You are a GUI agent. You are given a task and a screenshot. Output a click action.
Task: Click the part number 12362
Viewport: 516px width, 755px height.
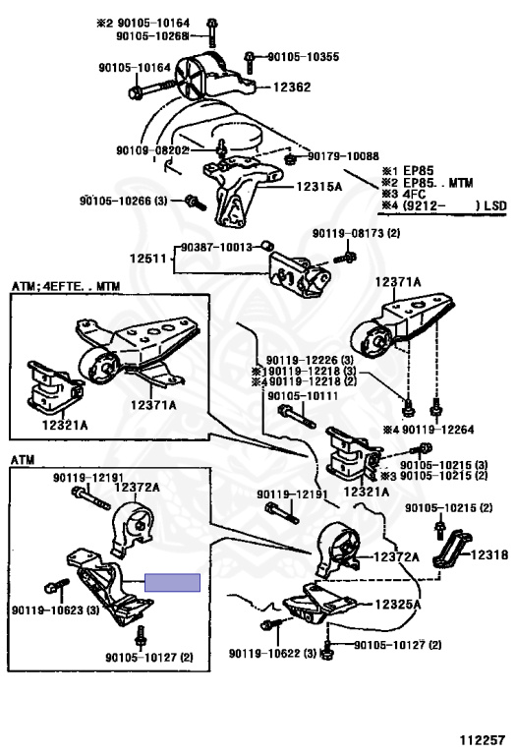point(292,87)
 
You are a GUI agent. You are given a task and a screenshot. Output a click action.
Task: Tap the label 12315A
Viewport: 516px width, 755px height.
point(318,187)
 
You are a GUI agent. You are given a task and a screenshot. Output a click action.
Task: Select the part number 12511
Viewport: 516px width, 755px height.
point(147,259)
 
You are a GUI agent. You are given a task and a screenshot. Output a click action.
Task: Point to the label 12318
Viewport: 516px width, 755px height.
point(489,554)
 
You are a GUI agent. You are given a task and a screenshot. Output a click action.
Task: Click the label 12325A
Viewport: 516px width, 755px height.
point(398,604)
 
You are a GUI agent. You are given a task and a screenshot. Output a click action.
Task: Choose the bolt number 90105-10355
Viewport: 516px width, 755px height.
point(304,56)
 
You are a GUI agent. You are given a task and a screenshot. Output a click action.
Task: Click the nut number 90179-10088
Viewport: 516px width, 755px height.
point(343,156)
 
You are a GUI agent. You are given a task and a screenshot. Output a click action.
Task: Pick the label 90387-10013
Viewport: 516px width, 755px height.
point(216,247)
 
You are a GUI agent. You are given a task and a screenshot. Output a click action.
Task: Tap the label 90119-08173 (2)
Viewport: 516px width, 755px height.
point(356,234)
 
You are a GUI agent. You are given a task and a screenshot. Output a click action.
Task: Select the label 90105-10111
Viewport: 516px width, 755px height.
point(303,396)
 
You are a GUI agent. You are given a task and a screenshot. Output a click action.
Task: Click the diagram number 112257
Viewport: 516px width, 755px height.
point(482,740)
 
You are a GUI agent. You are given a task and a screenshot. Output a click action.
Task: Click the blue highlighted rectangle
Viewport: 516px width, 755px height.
point(172,583)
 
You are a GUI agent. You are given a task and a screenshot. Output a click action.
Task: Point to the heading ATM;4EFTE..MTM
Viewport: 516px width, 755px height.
point(66,286)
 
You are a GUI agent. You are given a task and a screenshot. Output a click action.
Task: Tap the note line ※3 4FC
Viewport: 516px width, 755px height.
point(404,195)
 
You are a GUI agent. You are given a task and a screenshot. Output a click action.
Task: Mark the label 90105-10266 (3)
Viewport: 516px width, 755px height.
point(124,201)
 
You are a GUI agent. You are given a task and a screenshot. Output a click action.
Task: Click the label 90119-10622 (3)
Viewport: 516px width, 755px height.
point(273,654)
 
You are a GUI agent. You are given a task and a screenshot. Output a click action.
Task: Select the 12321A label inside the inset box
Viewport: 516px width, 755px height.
point(65,425)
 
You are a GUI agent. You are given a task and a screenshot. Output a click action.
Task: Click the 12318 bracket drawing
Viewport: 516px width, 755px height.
point(451,549)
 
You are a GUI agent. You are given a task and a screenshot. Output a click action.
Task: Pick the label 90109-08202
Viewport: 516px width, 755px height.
point(152,150)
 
